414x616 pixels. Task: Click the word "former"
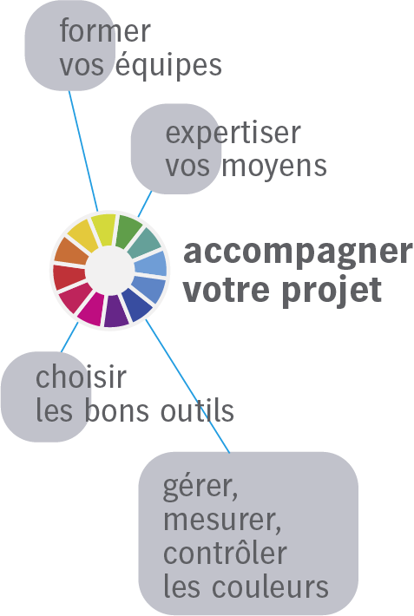coord(105,30)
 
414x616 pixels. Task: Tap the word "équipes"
coord(168,65)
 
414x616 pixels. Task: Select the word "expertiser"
coord(233,134)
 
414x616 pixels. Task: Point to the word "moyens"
coord(274,166)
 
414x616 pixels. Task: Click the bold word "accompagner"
coord(298,252)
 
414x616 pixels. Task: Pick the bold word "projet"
coord(332,289)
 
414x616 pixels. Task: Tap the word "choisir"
coord(81,377)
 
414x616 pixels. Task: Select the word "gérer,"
coord(200,487)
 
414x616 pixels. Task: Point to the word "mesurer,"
coord(222,520)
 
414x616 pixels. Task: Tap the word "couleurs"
coord(270,587)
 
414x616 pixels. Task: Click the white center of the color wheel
coord(108,271)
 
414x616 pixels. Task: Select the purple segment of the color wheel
coord(115,312)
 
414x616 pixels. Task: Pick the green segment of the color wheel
coord(128,231)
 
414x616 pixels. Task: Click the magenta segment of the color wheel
coord(92,310)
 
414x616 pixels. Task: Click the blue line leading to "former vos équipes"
coord(83,151)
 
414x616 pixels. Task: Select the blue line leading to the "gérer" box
coord(187,386)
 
